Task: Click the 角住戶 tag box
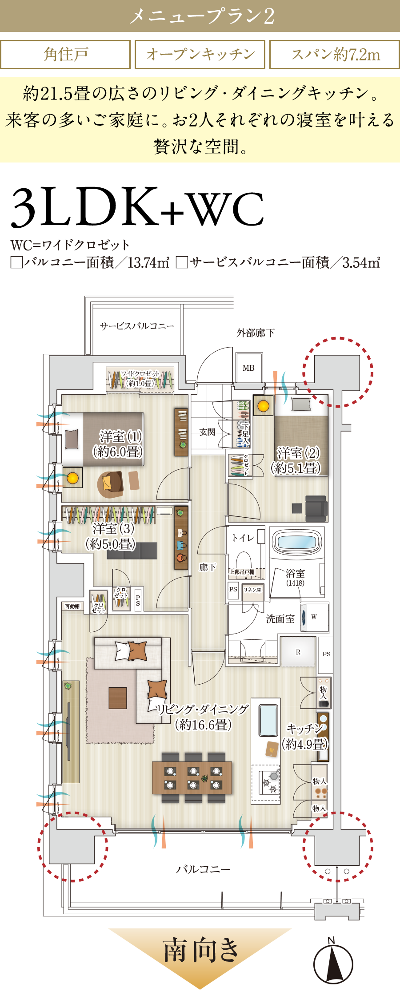[x=65, y=55]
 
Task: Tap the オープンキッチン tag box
[x=200, y=55]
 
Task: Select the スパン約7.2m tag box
[x=335, y=55]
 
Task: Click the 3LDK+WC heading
[x=138, y=207]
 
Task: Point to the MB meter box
[x=249, y=368]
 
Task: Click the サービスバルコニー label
[x=137, y=326]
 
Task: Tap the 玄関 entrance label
[x=207, y=432]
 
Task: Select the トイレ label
[x=243, y=538]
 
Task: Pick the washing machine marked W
[x=314, y=617]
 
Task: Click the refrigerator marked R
[x=298, y=652]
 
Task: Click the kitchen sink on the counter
[x=269, y=720]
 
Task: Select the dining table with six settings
[x=192, y=777]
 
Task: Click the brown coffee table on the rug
[x=118, y=698]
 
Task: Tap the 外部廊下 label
[x=256, y=333]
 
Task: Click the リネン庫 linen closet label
[x=252, y=590]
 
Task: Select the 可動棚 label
[x=72, y=606]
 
